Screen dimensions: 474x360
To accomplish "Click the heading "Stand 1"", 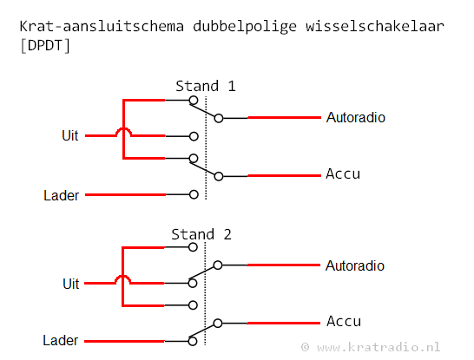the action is [x=206, y=87].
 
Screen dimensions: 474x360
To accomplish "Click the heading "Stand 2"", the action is [x=201, y=235].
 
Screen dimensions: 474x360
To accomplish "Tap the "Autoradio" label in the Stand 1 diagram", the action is [x=356, y=117].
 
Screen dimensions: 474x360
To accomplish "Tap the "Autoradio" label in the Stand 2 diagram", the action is [x=355, y=265].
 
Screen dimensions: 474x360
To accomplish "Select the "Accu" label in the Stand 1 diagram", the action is [x=343, y=174].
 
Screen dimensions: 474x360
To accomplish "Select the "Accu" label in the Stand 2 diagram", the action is [x=344, y=321].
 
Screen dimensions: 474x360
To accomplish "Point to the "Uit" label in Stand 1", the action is [x=70, y=135].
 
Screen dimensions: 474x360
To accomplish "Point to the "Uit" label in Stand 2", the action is [x=71, y=284].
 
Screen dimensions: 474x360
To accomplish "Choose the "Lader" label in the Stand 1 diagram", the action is [x=62, y=195].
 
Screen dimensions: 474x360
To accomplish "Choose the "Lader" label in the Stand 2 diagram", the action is [x=61, y=340].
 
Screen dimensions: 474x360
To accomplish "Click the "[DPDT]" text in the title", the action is [x=45, y=46].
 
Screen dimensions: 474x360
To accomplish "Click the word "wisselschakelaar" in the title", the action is [x=375, y=26].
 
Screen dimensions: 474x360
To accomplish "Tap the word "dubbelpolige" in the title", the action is [x=245, y=27].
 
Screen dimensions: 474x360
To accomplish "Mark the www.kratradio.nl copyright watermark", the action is [x=371, y=347].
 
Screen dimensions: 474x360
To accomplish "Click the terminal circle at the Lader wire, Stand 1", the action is [x=194, y=194].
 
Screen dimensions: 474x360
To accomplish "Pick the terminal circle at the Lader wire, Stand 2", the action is [x=193, y=341].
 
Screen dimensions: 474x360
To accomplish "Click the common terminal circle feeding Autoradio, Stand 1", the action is [x=219, y=118].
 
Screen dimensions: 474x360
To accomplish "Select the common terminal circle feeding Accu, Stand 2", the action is [x=218, y=324].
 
